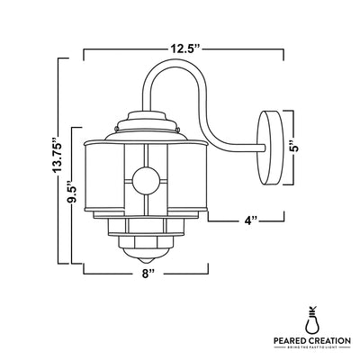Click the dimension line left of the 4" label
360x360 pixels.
223,219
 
